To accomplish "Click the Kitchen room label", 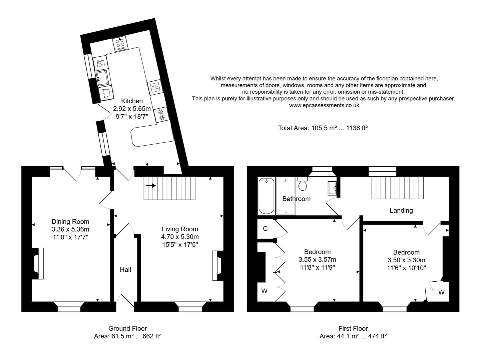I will (132, 101).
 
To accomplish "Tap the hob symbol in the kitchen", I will (120, 44).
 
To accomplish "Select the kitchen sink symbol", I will (102, 78).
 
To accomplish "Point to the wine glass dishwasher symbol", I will (100, 63).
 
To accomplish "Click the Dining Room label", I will (70, 222).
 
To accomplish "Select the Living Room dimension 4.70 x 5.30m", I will (180, 237).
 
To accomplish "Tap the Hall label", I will (125, 270).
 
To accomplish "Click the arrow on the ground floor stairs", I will (151, 186).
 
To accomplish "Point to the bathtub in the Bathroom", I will (266, 196).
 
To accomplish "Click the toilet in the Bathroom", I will (303, 184).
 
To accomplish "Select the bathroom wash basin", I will (332, 188).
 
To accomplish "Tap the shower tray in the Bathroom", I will (286, 196).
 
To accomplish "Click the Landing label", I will (401, 210).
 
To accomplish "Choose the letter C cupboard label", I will (265, 229).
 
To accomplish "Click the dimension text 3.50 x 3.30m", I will (406, 260).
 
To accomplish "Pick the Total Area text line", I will (323, 128).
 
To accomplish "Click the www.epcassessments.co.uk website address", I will (324, 105).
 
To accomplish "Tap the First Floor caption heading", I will (353, 328).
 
